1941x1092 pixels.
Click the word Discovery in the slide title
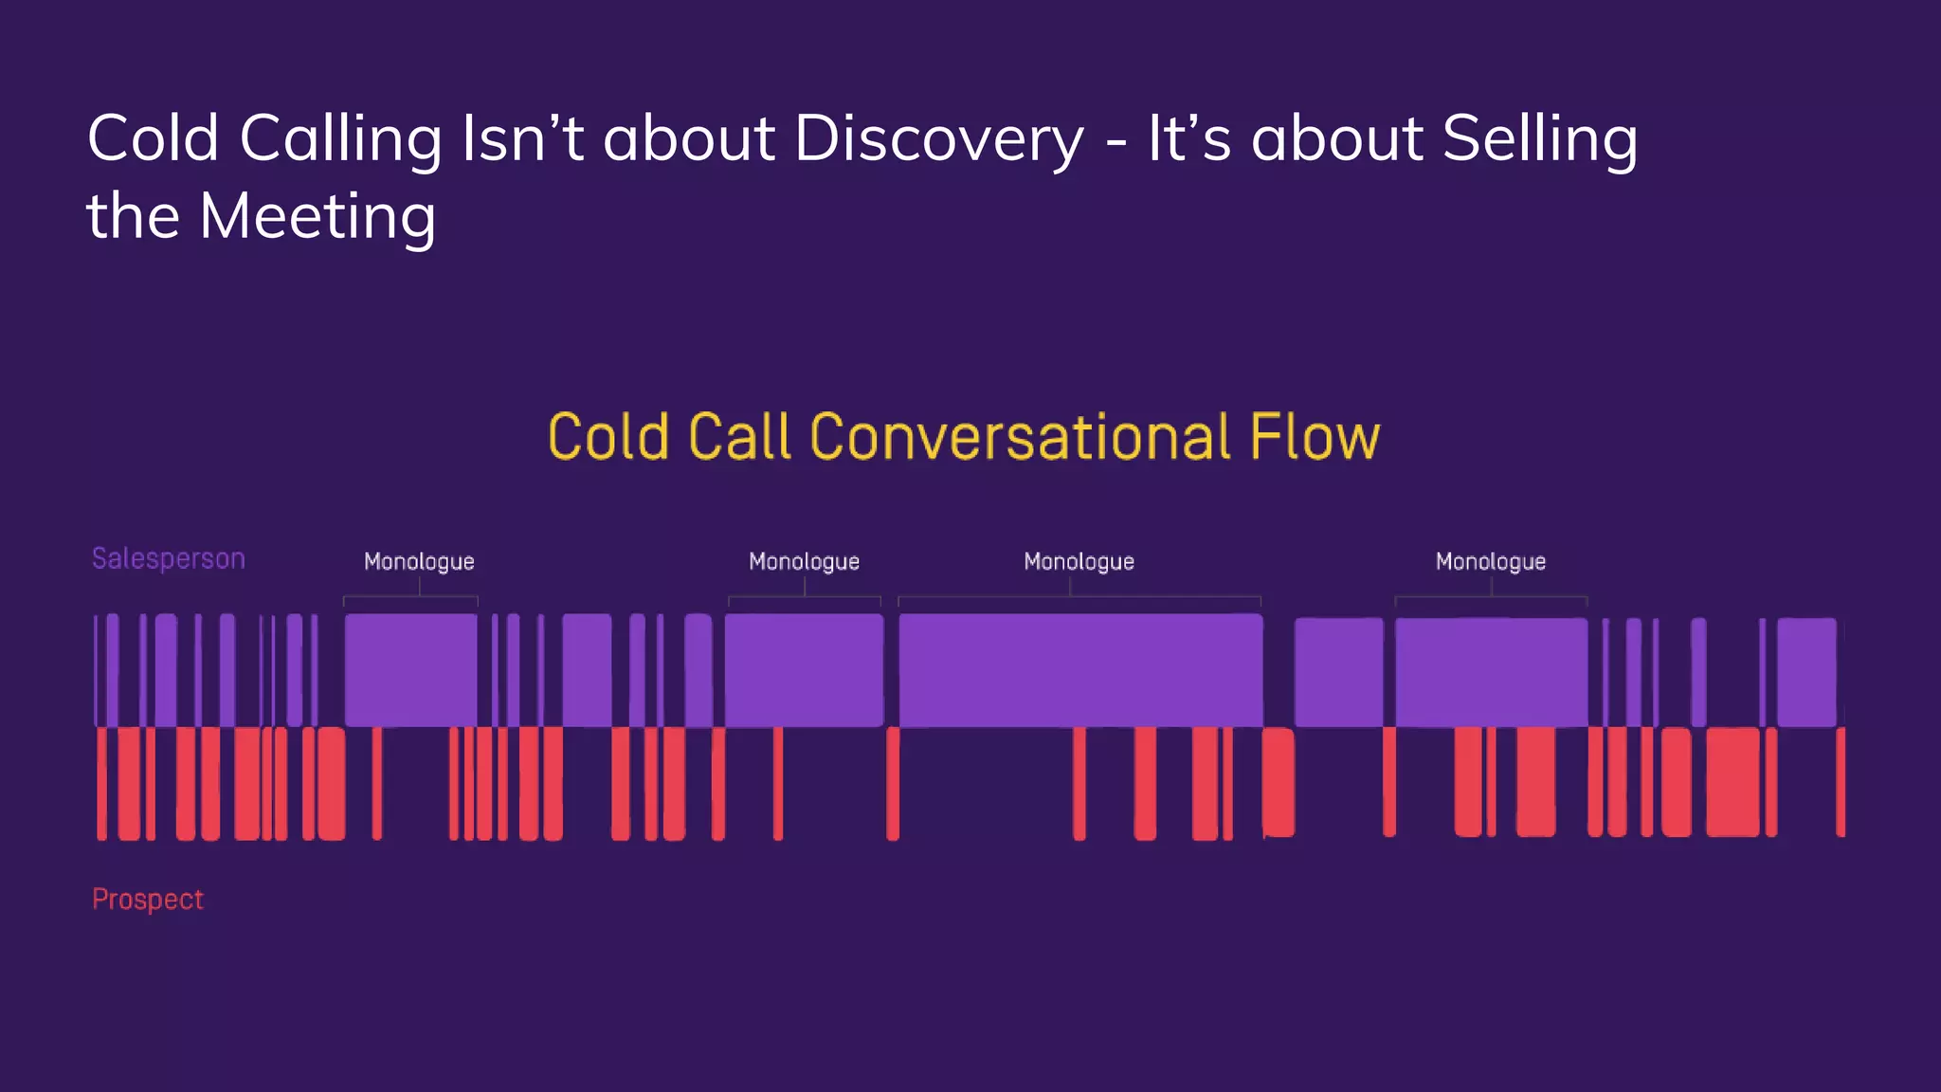(x=938, y=139)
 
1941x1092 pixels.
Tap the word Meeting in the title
(x=317, y=217)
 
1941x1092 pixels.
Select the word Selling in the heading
(x=1539, y=139)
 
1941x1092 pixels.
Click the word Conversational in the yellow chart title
(x=1021, y=437)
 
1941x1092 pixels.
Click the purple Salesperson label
(x=169, y=558)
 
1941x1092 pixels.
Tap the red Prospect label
(x=148, y=899)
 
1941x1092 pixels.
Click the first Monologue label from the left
(x=419, y=561)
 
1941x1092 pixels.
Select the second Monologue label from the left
(x=804, y=561)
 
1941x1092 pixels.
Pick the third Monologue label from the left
(x=1079, y=561)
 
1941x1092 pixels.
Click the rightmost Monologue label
(x=1490, y=561)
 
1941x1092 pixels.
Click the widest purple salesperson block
(x=1080, y=670)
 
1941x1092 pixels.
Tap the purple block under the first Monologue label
(x=410, y=670)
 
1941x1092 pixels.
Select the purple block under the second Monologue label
(x=804, y=670)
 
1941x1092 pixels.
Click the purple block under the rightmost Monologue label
(x=1491, y=672)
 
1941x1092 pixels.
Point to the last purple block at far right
(x=1806, y=672)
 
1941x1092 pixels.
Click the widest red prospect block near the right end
(x=1732, y=782)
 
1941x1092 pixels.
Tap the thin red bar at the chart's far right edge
(x=1841, y=782)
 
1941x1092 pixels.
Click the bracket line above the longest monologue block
(x=1079, y=597)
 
